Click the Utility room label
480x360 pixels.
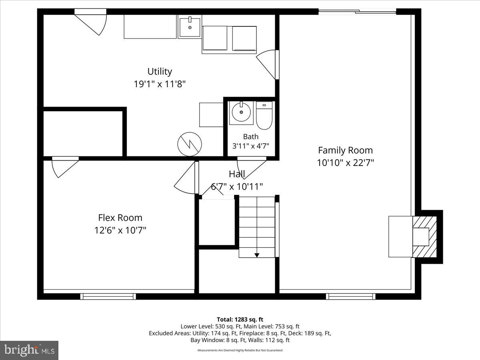[x=160, y=71]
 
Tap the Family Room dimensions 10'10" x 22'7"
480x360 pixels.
[x=345, y=163]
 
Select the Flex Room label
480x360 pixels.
[x=120, y=218]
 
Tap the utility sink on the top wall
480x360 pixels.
[x=189, y=27]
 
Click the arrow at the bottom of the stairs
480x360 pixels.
[x=257, y=255]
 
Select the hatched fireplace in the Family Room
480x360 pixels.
[x=425, y=236]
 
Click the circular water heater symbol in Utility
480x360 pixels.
[x=190, y=144]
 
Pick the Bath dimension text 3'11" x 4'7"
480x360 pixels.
[x=251, y=146]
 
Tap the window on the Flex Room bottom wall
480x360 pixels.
[x=108, y=296]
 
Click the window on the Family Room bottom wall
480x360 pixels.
[x=351, y=296]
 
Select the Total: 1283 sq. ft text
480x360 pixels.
[x=240, y=319]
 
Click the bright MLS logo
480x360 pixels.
[x=29, y=350]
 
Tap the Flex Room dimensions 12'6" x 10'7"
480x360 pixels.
[x=120, y=230]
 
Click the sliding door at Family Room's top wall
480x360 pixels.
[x=357, y=12]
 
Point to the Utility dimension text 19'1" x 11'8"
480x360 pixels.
[x=160, y=84]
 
